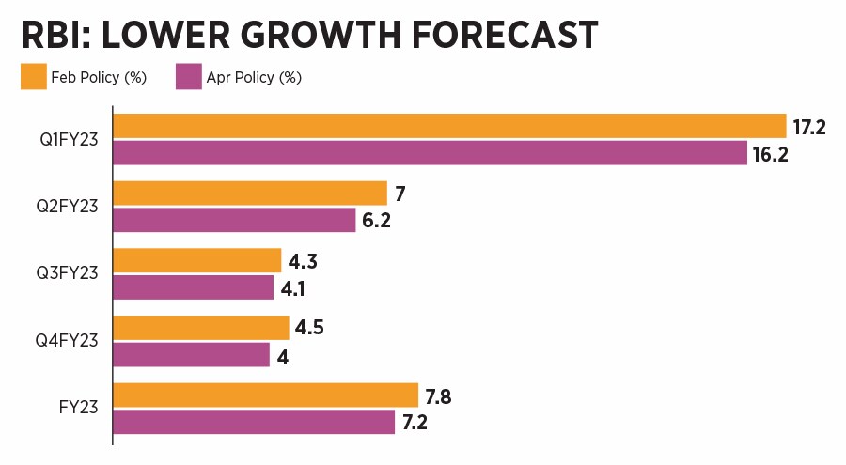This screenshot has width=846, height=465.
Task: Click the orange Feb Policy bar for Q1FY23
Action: pos(449,126)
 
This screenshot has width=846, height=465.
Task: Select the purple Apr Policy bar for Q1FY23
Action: pos(430,153)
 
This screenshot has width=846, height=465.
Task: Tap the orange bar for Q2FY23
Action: pos(250,194)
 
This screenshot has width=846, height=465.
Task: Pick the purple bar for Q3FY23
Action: pos(193,287)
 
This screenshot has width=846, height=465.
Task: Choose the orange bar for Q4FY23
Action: pos(201,328)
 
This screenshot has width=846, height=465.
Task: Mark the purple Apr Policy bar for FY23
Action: pos(254,422)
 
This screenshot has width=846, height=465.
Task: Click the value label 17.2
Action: pos(808,126)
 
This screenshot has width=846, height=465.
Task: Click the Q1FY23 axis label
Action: pos(69,140)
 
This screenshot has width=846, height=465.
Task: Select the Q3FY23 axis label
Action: pos(69,274)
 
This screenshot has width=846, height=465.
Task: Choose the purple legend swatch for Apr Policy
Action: pos(189,77)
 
